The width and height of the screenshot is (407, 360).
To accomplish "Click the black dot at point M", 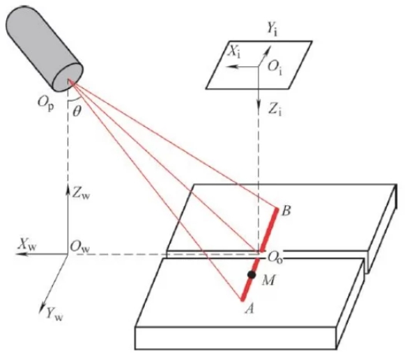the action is pyautogui.click(x=252, y=274).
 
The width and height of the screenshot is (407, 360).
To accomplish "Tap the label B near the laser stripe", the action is pyautogui.click(x=286, y=211).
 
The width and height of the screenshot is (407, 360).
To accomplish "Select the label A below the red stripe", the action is pyautogui.click(x=249, y=308).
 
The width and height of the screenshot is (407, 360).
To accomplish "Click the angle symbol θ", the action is pyautogui.click(x=77, y=112).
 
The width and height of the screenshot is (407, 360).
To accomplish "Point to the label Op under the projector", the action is pyautogui.click(x=46, y=103).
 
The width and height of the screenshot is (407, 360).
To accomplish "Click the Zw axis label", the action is pyautogui.click(x=81, y=194).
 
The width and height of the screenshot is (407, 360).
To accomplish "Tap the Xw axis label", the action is pyautogui.click(x=26, y=244).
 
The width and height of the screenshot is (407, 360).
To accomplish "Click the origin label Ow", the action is pyautogui.click(x=80, y=247).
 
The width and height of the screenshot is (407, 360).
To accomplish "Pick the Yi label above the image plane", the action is pyautogui.click(x=272, y=29).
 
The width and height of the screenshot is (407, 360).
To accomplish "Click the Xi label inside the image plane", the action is pyautogui.click(x=234, y=53).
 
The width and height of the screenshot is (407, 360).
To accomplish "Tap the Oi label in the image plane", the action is pyautogui.click(x=275, y=68).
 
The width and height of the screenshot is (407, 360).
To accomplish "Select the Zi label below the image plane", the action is pyautogui.click(x=275, y=110).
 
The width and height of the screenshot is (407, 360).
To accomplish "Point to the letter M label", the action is pyautogui.click(x=268, y=281).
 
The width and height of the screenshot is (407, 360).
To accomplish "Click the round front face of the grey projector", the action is pyautogui.click(x=68, y=77).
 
